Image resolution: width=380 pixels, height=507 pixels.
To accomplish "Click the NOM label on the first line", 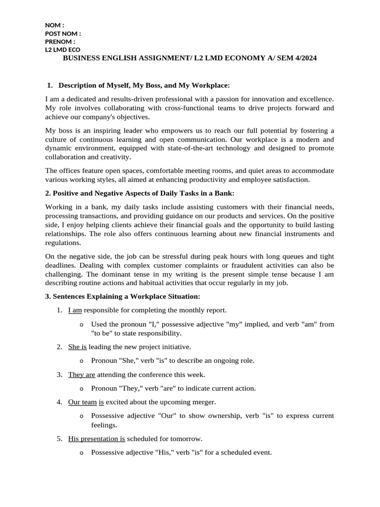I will pyautogui.click(x=54, y=25).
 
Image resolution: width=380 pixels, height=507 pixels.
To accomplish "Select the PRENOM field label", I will pyautogui.click(x=60, y=42).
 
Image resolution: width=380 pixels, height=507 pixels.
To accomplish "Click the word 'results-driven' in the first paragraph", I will pyautogui.click(x=131, y=99).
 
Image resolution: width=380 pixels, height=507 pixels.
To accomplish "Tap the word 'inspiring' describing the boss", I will pyautogui.click(x=96, y=131).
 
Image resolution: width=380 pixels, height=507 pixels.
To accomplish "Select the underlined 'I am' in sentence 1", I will pyautogui.click(x=75, y=310).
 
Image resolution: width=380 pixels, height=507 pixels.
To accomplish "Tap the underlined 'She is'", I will pyautogui.click(x=77, y=347).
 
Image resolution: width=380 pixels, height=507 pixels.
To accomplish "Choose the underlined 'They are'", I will pyautogui.click(x=81, y=375).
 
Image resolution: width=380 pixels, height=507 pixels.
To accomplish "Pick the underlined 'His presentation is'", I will pyautogui.click(x=96, y=439).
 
